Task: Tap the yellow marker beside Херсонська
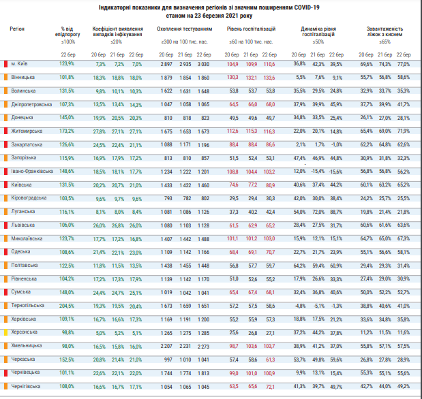5,332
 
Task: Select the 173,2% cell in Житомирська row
67,130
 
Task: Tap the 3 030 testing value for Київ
204,63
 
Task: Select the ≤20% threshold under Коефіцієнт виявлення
118,42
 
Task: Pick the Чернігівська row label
27,385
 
